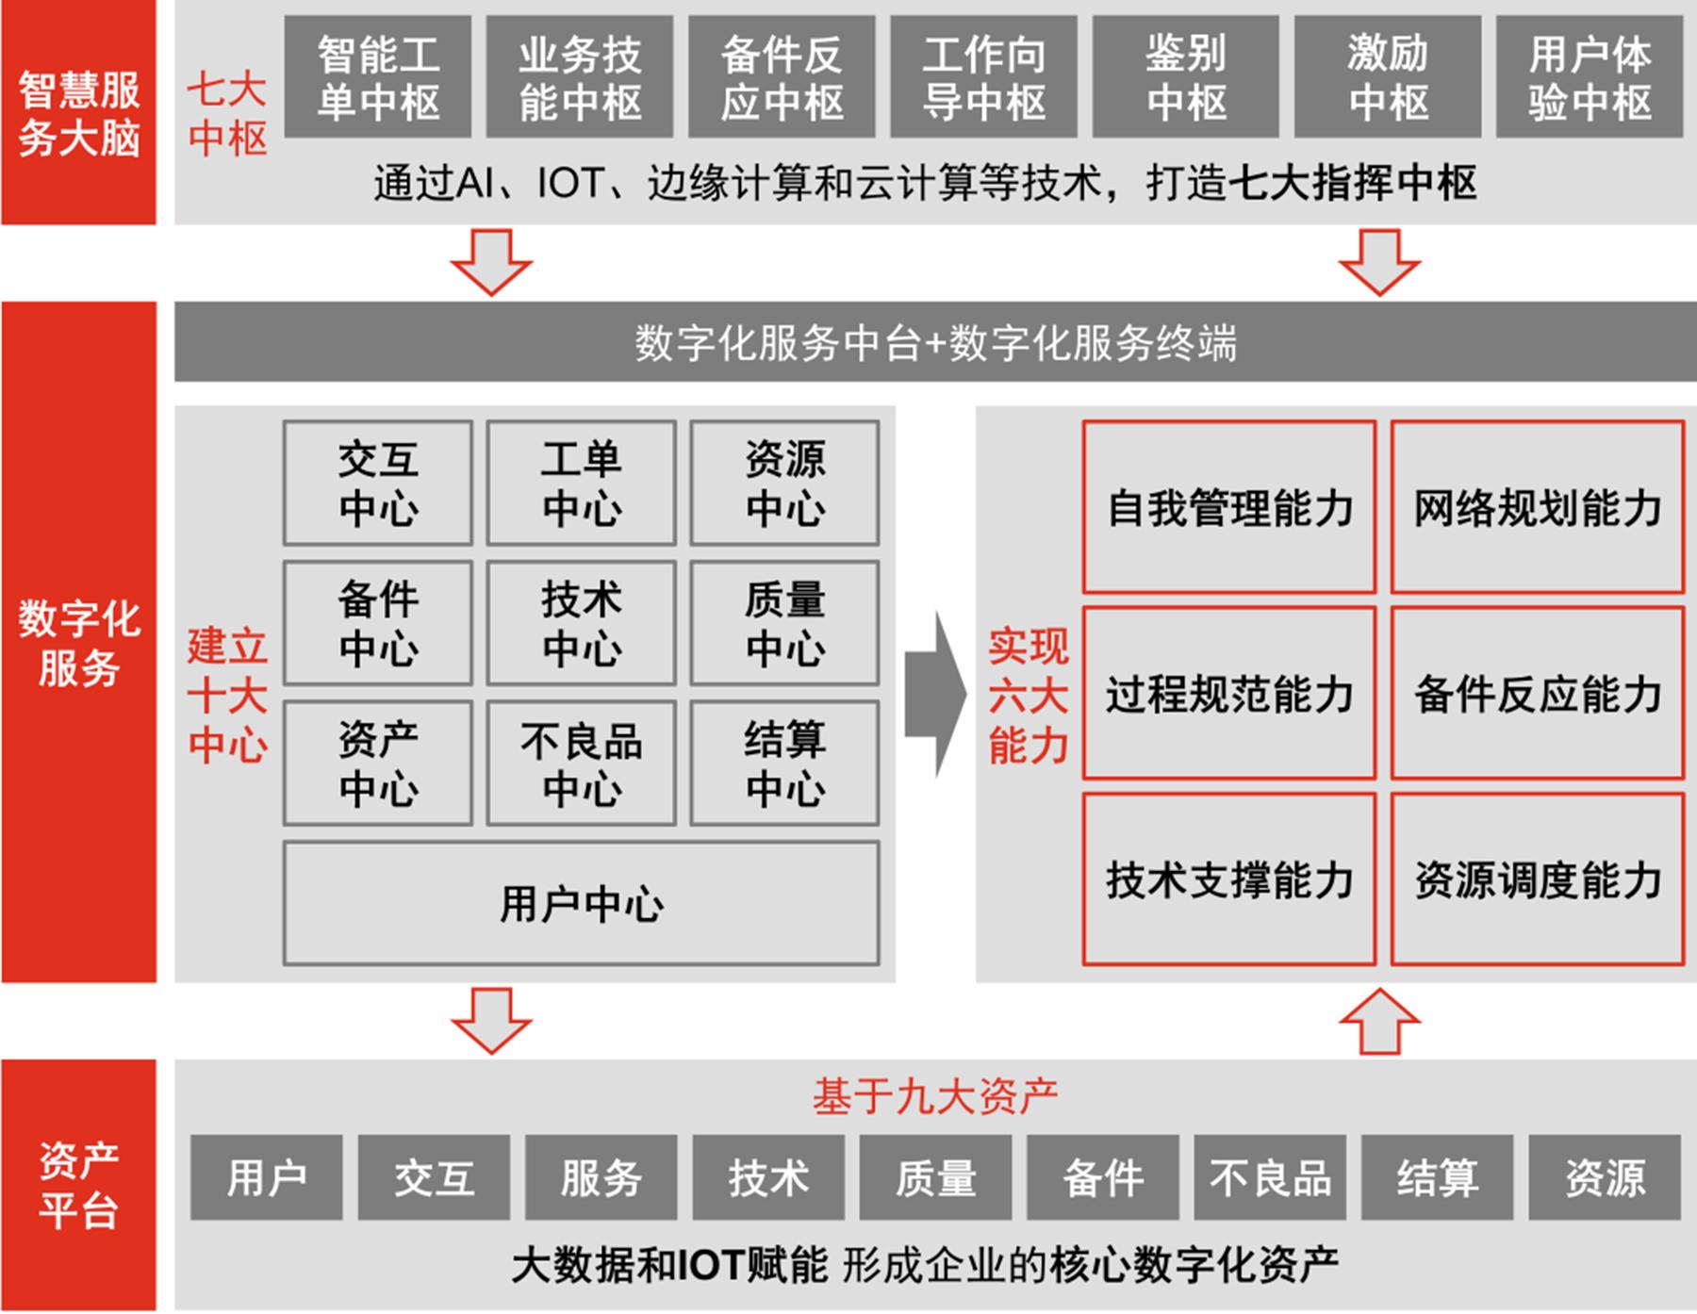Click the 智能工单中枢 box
(378, 77)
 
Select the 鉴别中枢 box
(1185, 77)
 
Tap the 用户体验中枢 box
(1590, 77)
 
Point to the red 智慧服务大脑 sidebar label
(79, 113)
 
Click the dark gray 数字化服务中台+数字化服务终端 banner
(934, 342)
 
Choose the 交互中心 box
(378, 484)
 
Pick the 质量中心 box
(784, 623)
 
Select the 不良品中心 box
(581, 764)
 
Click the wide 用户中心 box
(581, 903)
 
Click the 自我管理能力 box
(1229, 507)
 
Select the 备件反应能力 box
(1538, 694)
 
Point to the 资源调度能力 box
(1538, 879)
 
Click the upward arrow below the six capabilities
(1379, 1021)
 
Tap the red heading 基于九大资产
(934, 1096)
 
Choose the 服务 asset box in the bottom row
(601, 1178)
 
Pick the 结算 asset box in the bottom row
(1437, 1178)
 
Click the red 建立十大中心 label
(227, 695)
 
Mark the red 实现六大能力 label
(1028, 695)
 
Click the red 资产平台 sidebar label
(79, 1185)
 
